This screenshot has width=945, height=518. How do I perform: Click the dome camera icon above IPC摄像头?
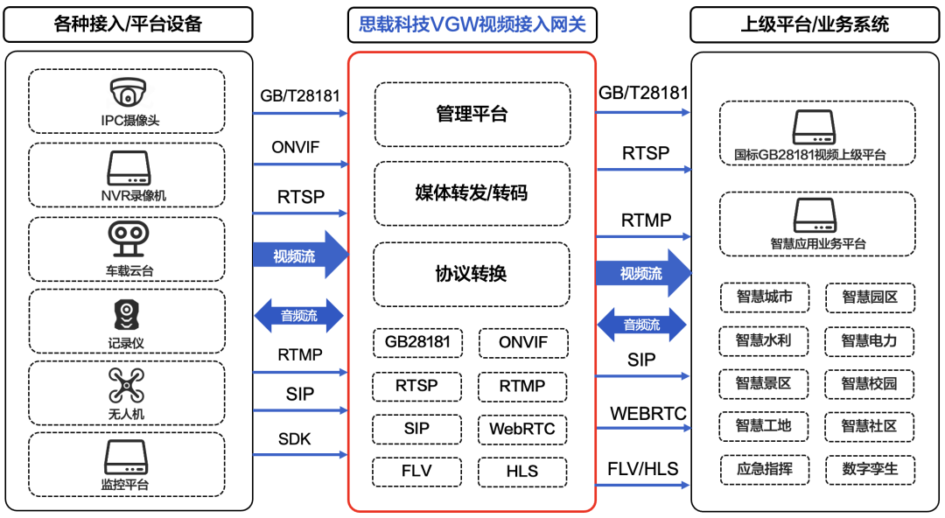pos(128,93)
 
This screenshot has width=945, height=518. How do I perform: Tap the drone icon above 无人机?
pos(127,385)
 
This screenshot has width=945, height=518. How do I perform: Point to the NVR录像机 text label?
pos(128,196)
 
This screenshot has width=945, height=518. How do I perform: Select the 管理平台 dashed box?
pos(472,114)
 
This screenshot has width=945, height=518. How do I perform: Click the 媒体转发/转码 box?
pos(472,193)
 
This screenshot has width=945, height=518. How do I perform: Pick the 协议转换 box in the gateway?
pos(472,274)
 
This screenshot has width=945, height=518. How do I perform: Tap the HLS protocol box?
pos(522,471)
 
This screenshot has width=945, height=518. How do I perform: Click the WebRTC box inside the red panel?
pos(522,429)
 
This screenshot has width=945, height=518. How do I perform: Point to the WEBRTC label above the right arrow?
pos(647,413)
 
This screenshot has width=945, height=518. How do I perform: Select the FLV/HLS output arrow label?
pos(643,469)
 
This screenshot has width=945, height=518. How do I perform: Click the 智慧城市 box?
pos(764,297)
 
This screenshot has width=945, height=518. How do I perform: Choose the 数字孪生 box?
pos(869,469)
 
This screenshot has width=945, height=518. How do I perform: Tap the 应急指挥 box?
pos(764,469)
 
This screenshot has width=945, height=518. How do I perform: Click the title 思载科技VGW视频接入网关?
pos(472,24)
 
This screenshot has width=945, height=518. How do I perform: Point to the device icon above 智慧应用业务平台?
pos(816,215)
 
